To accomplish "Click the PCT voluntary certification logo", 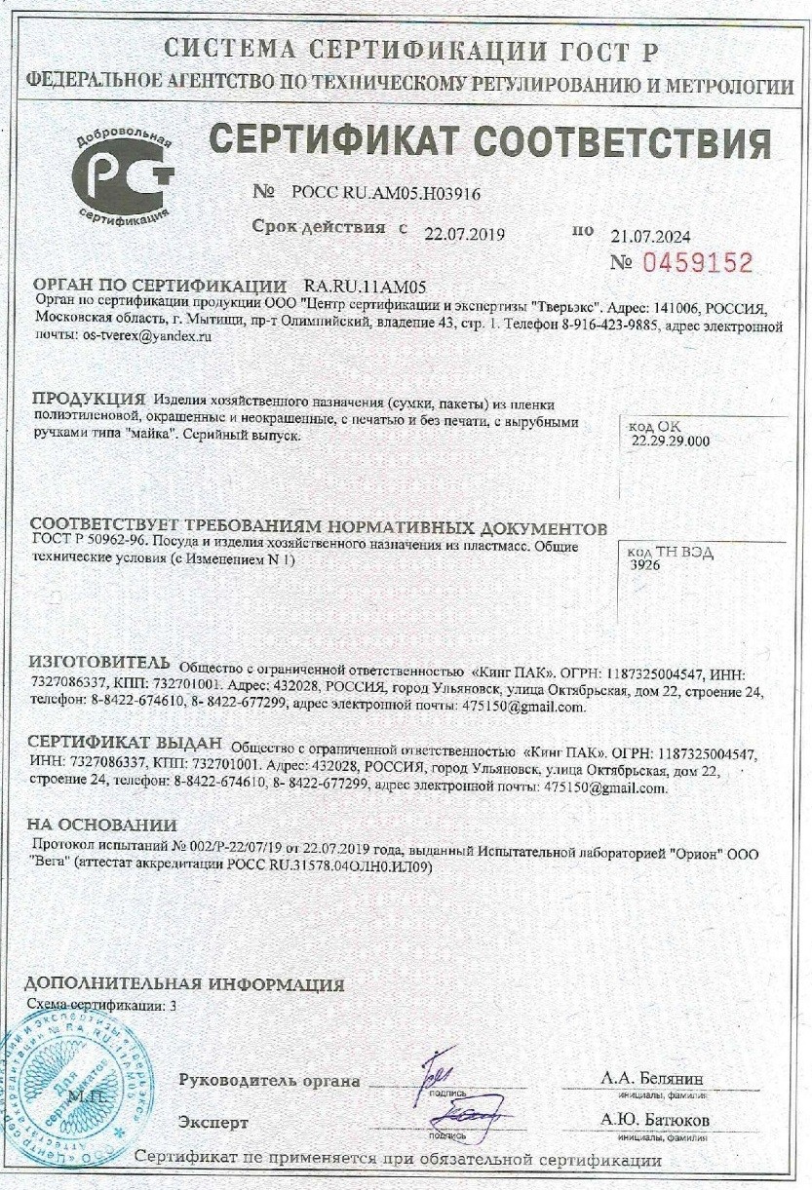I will pos(123,176).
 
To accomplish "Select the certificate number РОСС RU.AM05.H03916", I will pos(385,194).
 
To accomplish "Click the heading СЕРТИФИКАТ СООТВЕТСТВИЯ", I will pos(490,142).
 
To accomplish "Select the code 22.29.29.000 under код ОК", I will pos(671,441).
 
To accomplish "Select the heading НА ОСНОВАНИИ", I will pos(101,824).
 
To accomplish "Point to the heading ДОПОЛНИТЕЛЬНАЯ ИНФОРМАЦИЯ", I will pos(183,984).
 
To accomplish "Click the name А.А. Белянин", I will pos(654,1078).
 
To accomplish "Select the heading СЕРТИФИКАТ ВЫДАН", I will pos(126,745).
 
